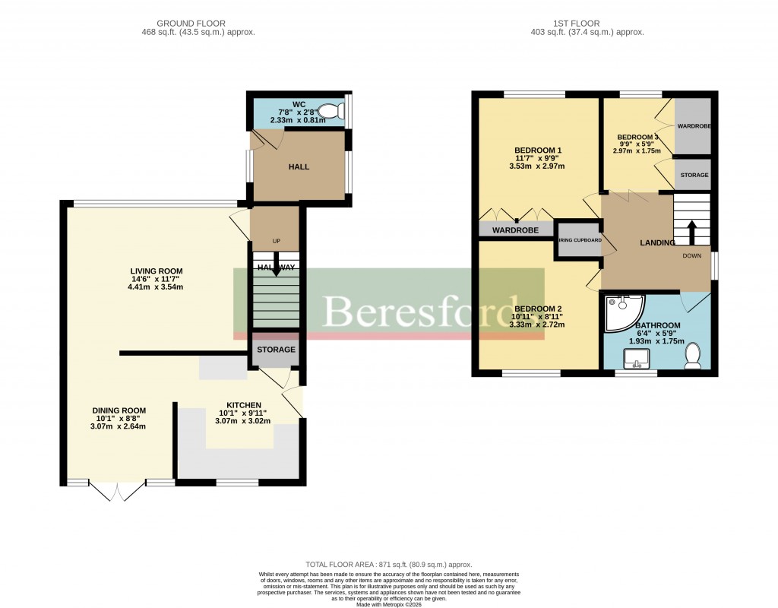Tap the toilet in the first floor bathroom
(x=692, y=356)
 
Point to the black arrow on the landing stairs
(x=691, y=232)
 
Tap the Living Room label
(x=156, y=271)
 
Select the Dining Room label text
(x=120, y=410)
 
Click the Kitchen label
(x=243, y=405)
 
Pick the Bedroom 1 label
(x=538, y=149)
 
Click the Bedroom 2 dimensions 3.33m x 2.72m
(x=538, y=325)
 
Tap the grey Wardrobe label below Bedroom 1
(x=515, y=230)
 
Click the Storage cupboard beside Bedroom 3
(x=693, y=175)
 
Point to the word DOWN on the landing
(x=691, y=256)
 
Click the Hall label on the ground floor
(x=299, y=166)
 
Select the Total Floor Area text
(x=388, y=565)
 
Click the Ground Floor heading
(x=198, y=24)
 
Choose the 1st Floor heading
(x=587, y=24)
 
